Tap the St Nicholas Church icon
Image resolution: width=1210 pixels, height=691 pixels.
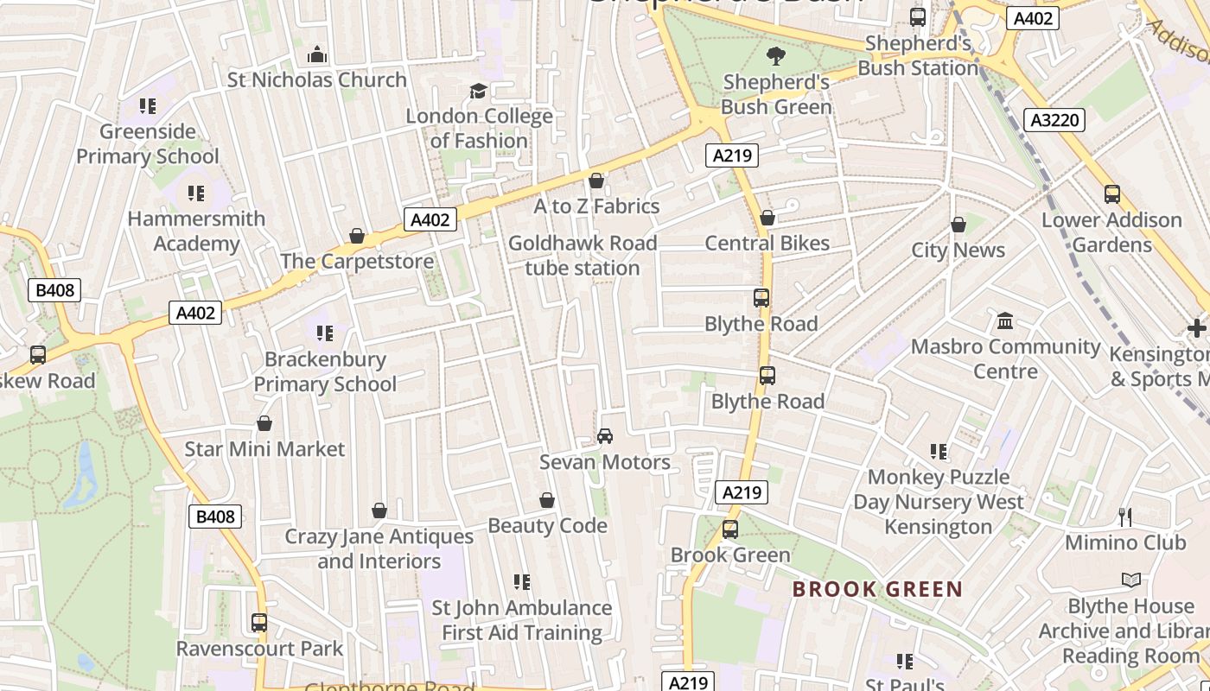(x=317, y=55)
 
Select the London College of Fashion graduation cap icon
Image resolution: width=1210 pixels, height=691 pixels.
(x=478, y=92)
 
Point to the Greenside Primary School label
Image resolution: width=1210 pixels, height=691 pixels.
(x=148, y=144)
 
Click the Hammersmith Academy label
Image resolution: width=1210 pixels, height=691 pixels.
(x=196, y=231)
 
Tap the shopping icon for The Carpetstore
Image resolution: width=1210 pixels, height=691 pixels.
(x=356, y=236)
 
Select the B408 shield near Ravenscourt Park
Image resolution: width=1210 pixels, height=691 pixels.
(x=215, y=517)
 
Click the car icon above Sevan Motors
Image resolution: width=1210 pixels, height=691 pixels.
(x=605, y=436)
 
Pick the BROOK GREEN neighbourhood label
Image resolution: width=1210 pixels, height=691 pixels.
(x=877, y=590)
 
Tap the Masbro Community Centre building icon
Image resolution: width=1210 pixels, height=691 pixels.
(x=1005, y=321)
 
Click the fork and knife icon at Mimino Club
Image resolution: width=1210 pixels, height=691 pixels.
(x=1125, y=517)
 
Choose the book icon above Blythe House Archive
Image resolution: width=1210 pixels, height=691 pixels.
(x=1130, y=580)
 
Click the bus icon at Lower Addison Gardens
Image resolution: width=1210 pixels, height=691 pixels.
(x=1112, y=194)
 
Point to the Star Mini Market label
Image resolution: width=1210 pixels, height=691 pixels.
(x=264, y=449)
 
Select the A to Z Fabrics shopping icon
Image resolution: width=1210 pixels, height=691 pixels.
(x=595, y=181)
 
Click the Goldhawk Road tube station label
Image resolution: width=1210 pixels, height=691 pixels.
(x=583, y=256)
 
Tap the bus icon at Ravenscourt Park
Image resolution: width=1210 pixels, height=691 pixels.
(x=259, y=622)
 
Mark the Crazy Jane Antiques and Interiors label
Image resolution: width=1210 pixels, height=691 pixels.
(x=379, y=548)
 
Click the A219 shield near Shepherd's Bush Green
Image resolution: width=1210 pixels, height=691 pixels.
(x=732, y=155)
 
